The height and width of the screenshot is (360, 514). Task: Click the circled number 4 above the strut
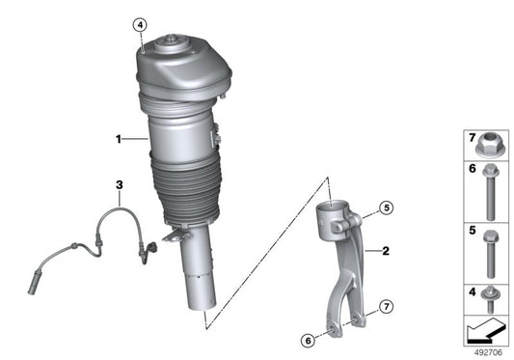point(140,24)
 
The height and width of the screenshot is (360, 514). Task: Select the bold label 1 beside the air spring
point(120,141)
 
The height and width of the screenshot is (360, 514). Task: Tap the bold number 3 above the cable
point(119,184)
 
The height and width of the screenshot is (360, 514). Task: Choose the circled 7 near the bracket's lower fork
point(384,307)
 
